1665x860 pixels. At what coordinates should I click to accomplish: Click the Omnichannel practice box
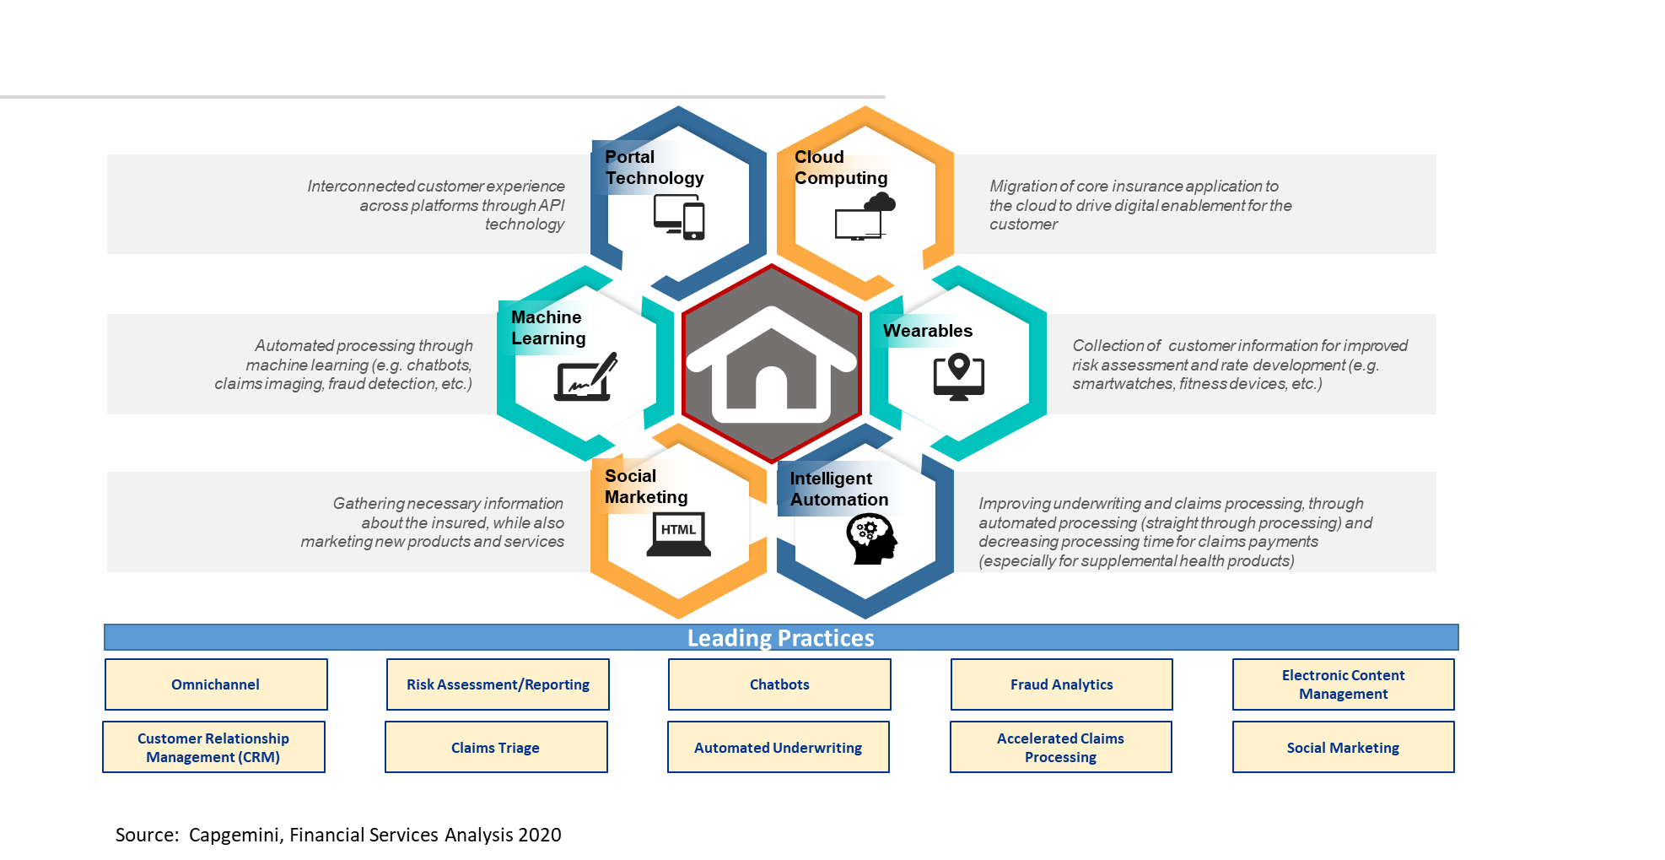(216, 684)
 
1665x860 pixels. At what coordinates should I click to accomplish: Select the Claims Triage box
(496, 748)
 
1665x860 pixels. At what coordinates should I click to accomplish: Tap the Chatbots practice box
(779, 684)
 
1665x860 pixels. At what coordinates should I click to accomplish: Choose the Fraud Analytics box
(1061, 684)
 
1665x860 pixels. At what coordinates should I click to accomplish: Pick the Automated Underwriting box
(778, 748)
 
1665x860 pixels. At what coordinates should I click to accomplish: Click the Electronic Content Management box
(1343, 684)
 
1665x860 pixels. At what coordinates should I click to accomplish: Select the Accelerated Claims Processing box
(1060, 748)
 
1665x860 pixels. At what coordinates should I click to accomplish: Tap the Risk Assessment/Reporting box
(498, 684)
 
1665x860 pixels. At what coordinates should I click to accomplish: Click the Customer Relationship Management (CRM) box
(213, 748)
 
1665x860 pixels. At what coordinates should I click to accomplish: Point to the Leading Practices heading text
(780, 638)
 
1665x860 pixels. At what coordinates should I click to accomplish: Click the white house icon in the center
(771, 365)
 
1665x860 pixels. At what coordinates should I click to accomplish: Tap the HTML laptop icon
(678, 535)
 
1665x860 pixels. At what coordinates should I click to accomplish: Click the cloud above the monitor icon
(880, 202)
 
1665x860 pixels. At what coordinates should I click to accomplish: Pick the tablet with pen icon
(585, 377)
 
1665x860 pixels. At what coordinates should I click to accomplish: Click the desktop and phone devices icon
(679, 218)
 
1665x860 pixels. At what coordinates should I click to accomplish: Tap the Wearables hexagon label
(928, 331)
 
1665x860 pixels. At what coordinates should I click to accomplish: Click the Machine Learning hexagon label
(548, 327)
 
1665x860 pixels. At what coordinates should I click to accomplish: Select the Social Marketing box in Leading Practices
(1343, 748)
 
